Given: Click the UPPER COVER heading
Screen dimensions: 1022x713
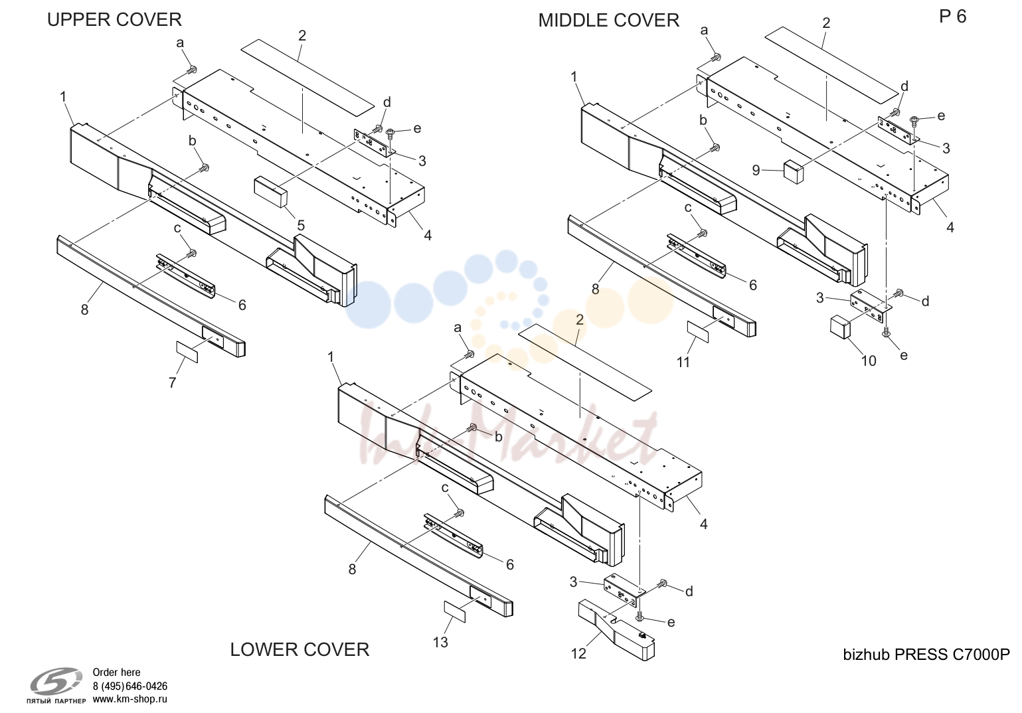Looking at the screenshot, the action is [x=114, y=20].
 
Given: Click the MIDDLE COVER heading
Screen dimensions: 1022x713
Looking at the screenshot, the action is [x=609, y=21].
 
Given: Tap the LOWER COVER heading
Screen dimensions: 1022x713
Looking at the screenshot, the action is [x=299, y=649].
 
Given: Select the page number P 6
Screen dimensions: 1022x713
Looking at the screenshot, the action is [x=953, y=17].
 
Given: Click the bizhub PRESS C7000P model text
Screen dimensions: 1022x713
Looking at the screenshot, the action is [x=926, y=655].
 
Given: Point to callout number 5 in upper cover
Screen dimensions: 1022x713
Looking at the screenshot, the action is [x=301, y=225].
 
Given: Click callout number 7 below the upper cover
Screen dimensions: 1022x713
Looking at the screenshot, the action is [x=173, y=383].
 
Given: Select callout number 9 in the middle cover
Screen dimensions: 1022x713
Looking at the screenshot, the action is [x=756, y=170].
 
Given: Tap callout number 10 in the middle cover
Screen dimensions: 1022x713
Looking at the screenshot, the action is [x=869, y=361].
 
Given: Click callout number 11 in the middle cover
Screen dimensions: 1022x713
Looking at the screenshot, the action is [x=683, y=362].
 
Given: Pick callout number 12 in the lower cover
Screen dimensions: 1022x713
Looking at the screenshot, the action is [x=578, y=654].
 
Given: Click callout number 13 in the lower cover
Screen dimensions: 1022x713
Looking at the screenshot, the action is [x=440, y=642].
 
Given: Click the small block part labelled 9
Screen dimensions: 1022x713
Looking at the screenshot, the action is [x=794, y=171].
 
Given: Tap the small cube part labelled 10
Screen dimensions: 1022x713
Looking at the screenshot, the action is [x=840, y=327].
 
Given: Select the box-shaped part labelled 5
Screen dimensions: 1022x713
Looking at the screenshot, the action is [x=271, y=192].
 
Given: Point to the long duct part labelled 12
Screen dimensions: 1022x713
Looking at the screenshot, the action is [x=616, y=629].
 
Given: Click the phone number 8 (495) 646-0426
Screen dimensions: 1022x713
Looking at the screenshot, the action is [x=130, y=686].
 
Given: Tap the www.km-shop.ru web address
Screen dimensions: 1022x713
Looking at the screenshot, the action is [x=130, y=699].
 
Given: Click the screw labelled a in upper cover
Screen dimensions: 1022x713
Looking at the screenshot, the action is [x=192, y=70].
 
